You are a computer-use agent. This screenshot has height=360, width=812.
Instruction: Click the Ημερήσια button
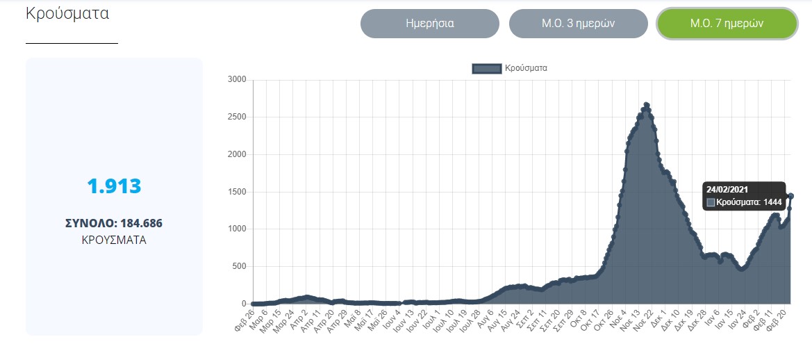coord(429,23)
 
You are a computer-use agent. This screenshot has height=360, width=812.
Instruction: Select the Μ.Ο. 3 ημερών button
coord(578,23)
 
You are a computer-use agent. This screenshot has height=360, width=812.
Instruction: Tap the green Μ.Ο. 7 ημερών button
coord(727,23)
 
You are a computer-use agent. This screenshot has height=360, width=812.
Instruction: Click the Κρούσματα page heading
coord(67,13)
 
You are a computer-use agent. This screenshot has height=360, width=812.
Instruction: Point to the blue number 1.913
coord(114,186)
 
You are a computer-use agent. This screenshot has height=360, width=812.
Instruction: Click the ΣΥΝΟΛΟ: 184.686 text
coord(114,223)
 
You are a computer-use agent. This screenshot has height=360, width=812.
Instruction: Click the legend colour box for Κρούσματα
coord(486,68)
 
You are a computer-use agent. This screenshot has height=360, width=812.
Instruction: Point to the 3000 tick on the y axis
coord(237,80)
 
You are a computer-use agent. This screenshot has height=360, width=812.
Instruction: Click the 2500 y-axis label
coord(237,117)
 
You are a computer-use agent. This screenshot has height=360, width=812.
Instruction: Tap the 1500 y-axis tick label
coord(237,192)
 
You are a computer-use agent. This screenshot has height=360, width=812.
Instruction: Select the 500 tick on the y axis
coord(239,266)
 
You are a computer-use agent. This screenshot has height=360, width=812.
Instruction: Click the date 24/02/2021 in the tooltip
coord(727,189)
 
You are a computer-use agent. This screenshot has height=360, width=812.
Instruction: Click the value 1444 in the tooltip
coord(772,202)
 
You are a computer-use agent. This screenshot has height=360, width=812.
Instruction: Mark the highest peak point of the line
coord(646,105)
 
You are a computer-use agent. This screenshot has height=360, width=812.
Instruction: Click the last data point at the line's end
coord(790,196)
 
